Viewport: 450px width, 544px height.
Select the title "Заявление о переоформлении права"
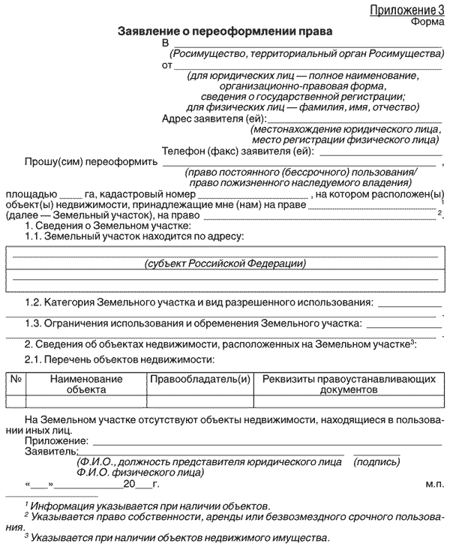point(224,34)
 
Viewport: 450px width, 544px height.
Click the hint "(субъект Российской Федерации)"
point(224,264)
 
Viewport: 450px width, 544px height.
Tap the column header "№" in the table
point(15,380)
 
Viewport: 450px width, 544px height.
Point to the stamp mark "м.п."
point(434,485)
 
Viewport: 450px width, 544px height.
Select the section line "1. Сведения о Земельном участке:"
point(108,226)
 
